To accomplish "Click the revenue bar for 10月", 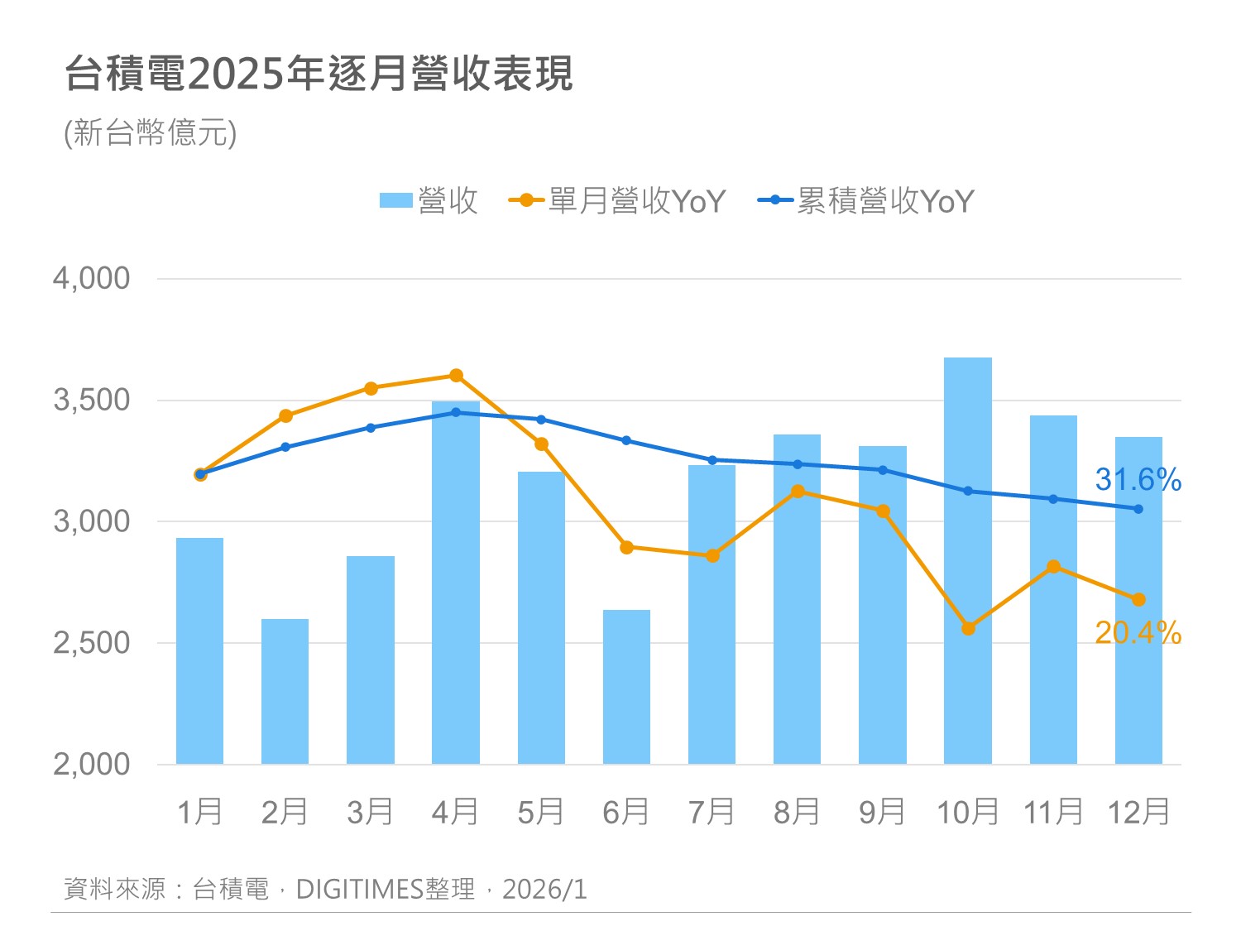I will point(967,563).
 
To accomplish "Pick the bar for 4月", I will point(455,583).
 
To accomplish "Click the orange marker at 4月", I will point(456,376).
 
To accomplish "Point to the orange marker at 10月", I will point(968,629).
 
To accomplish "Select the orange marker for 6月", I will point(626,547).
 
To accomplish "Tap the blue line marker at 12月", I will point(1138,509).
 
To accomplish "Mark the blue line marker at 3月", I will point(371,428).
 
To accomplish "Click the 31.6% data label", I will point(1138,479).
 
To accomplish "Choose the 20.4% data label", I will point(1138,633).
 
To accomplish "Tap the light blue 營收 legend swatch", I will point(395,200).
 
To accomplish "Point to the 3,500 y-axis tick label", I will point(92,401).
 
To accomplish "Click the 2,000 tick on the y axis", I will point(92,764).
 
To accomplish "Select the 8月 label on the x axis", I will point(797,813).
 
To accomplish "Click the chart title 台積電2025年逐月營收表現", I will point(319,74).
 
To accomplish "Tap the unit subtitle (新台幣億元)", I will point(151,133).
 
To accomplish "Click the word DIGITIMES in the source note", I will point(359,889).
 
